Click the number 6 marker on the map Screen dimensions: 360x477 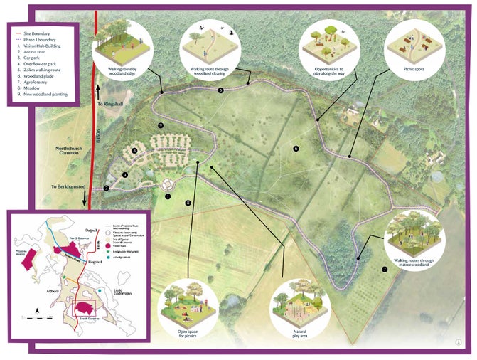tap(296, 149)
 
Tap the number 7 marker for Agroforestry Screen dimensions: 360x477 tap(385, 270)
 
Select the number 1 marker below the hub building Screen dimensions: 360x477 tap(168, 196)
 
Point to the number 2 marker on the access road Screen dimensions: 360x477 tap(106, 189)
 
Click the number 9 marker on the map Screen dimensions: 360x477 tap(162, 126)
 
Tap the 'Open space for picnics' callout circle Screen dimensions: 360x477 tap(188, 305)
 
